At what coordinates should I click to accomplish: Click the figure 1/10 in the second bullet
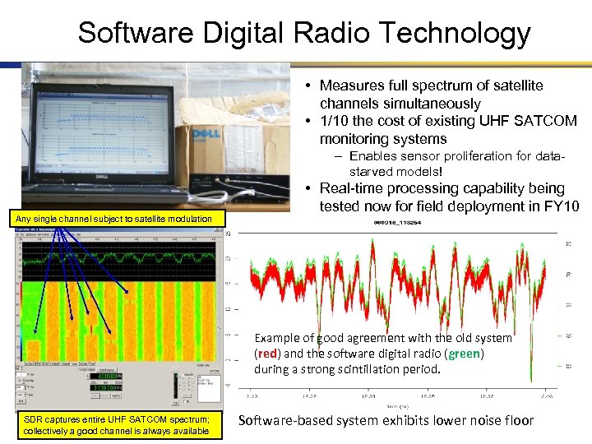[x=335, y=121]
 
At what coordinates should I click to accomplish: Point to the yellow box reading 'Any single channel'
[x=119, y=219]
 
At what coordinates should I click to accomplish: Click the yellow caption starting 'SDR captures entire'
[x=117, y=426]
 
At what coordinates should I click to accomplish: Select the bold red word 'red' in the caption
[x=267, y=354]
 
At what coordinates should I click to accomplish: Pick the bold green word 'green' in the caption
[x=465, y=354]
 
